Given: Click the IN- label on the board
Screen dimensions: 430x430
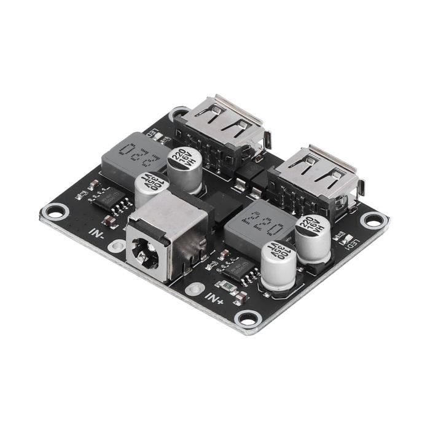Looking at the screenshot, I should [97, 233].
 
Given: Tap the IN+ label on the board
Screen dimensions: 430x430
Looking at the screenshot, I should [215, 299].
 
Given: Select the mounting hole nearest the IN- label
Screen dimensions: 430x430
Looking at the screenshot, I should [54, 213].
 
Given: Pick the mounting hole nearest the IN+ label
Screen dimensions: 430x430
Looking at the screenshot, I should [248, 318].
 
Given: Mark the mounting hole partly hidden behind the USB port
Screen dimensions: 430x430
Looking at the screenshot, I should [179, 114].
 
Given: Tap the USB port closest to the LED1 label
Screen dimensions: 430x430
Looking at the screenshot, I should [317, 175].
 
